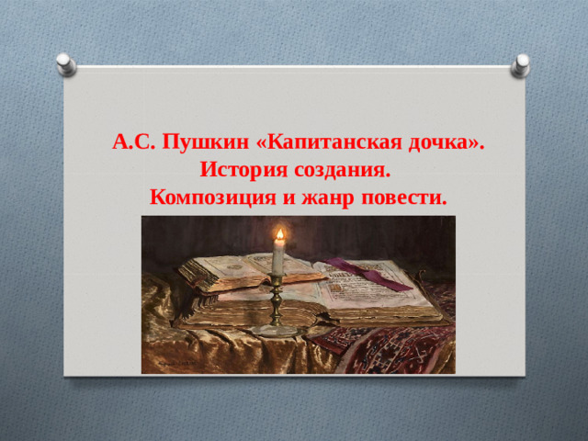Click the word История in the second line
click(243, 170)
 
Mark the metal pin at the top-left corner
click(66, 62)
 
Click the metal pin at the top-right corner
click(522, 62)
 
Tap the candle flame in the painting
click(277, 238)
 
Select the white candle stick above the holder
click(277, 260)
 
